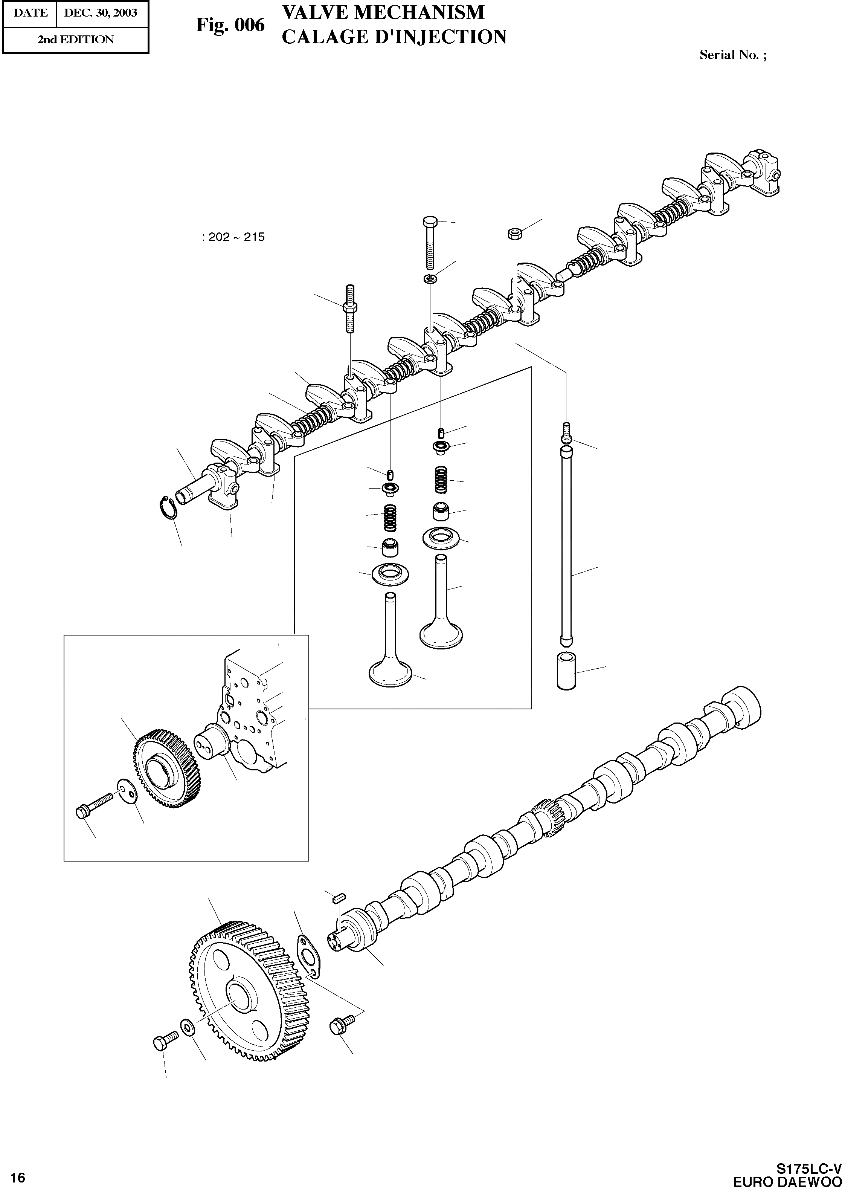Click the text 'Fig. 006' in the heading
[x=230, y=25]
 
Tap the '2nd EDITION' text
[x=75, y=40]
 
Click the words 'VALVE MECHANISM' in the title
[x=383, y=12]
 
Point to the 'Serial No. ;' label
[x=732, y=55]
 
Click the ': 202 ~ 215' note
[x=233, y=237]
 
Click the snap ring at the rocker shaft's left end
[x=168, y=507]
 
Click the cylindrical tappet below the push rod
[x=566, y=672]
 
